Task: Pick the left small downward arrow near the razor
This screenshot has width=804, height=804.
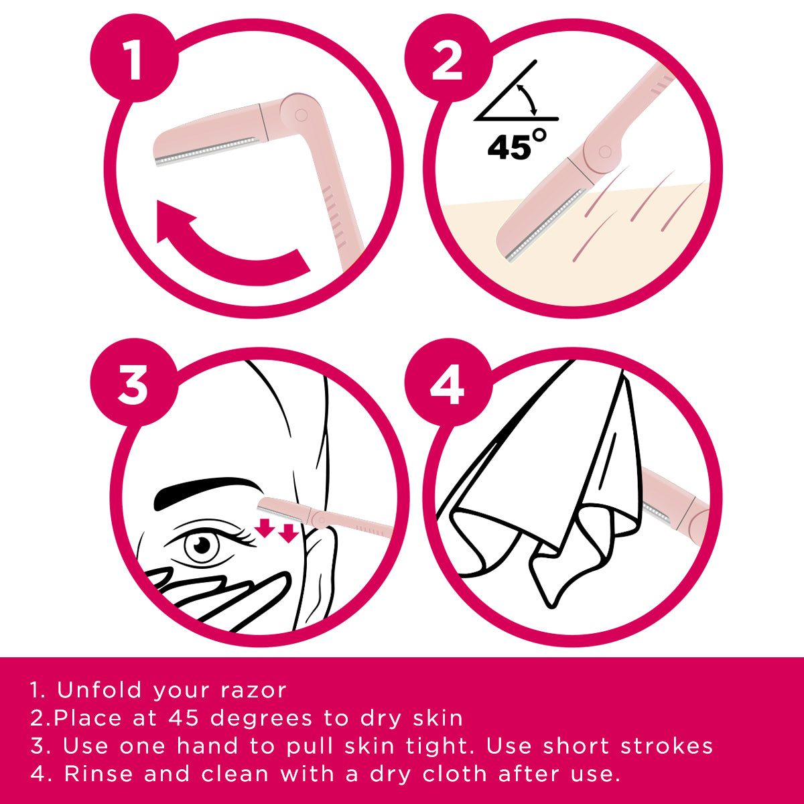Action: click(265, 527)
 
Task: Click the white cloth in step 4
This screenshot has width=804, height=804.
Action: click(549, 482)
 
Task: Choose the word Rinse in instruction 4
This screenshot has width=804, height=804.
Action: click(100, 775)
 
